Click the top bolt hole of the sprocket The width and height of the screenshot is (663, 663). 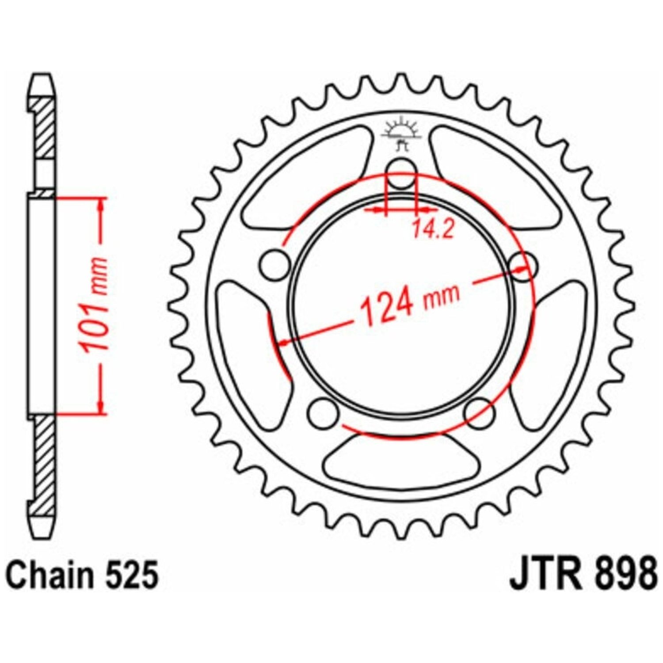[x=401, y=174]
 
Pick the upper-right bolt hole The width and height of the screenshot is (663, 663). [x=522, y=265]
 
